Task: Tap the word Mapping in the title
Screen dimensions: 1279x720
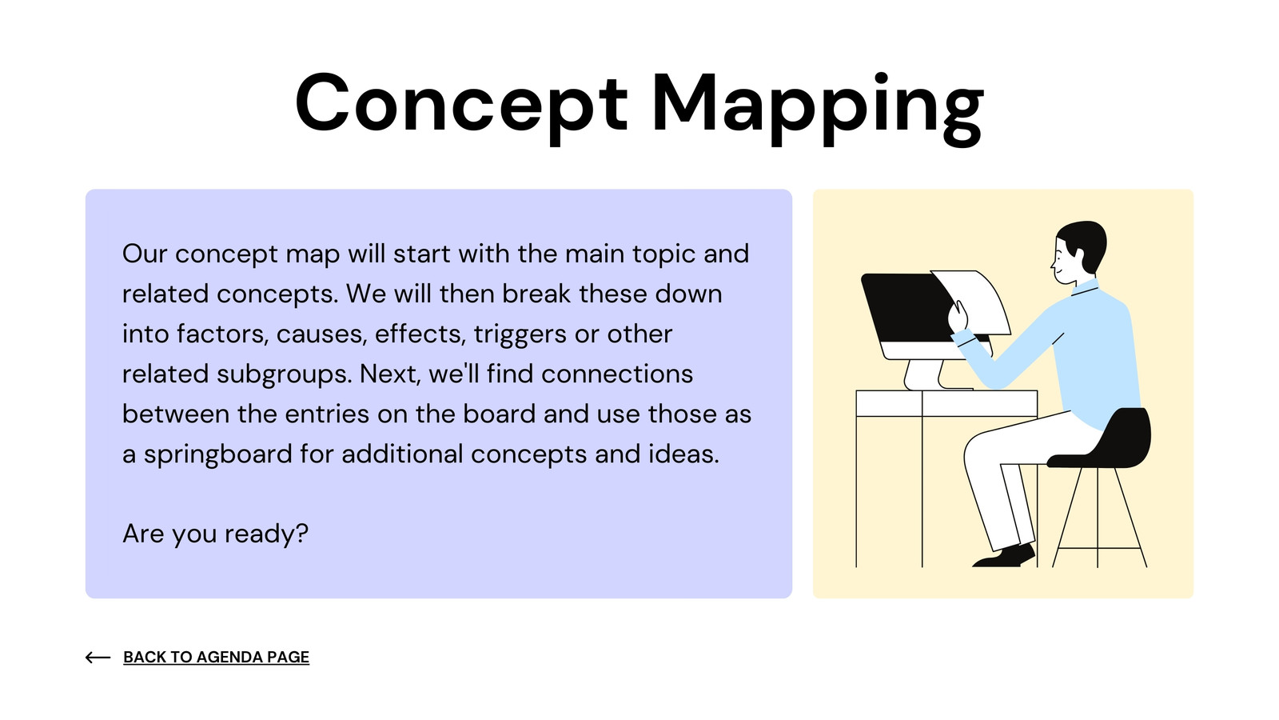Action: pos(818,109)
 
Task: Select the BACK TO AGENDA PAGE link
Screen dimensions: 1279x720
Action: pos(217,657)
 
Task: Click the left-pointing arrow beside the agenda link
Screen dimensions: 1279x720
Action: pos(98,658)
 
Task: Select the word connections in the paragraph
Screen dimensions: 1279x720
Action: pos(617,374)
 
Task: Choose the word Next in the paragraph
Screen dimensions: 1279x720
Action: pos(390,374)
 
